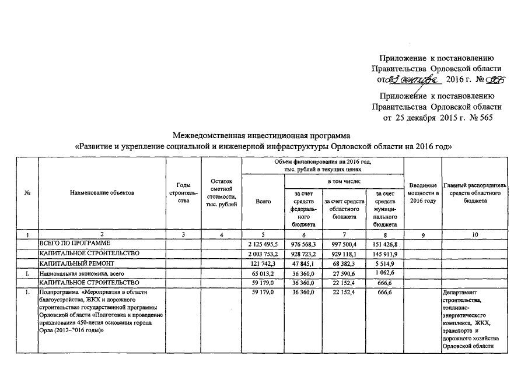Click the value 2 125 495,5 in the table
pyautogui.click(x=264, y=242)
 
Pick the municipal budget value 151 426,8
pyautogui.click(x=384, y=242)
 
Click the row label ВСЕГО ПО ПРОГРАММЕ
pyautogui.click(x=74, y=242)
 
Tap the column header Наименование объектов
pyautogui.click(x=102, y=192)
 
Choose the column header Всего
pyautogui.click(x=263, y=201)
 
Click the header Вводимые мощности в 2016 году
pyautogui.click(x=424, y=192)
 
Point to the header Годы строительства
pyautogui.click(x=183, y=192)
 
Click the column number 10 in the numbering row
pyautogui.click(x=474, y=234)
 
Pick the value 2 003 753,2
pyautogui.click(x=264, y=254)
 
